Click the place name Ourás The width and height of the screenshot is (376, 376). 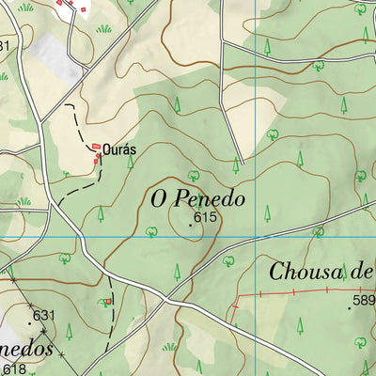click(x=118, y=149)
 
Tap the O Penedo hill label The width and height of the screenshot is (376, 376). click(x=196, y=199)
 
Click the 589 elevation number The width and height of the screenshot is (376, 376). click(x=364, y=302)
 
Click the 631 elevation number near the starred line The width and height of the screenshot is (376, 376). click(x=46, y=315)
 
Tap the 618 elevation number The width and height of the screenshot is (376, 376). click(x=12, y=368)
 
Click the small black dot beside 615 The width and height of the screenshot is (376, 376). click(x=191, y=224)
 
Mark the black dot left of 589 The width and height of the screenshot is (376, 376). click(x=350, y=307)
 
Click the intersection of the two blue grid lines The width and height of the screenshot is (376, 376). click(x=256, y=236)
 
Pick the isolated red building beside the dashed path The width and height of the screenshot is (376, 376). click(x=109, y=302)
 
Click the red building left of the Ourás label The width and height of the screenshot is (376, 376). click(x=96, y=147)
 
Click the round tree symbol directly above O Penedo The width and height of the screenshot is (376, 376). click(x=194, y=175)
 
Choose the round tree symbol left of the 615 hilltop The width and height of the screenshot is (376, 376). click(x=150, y=229)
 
